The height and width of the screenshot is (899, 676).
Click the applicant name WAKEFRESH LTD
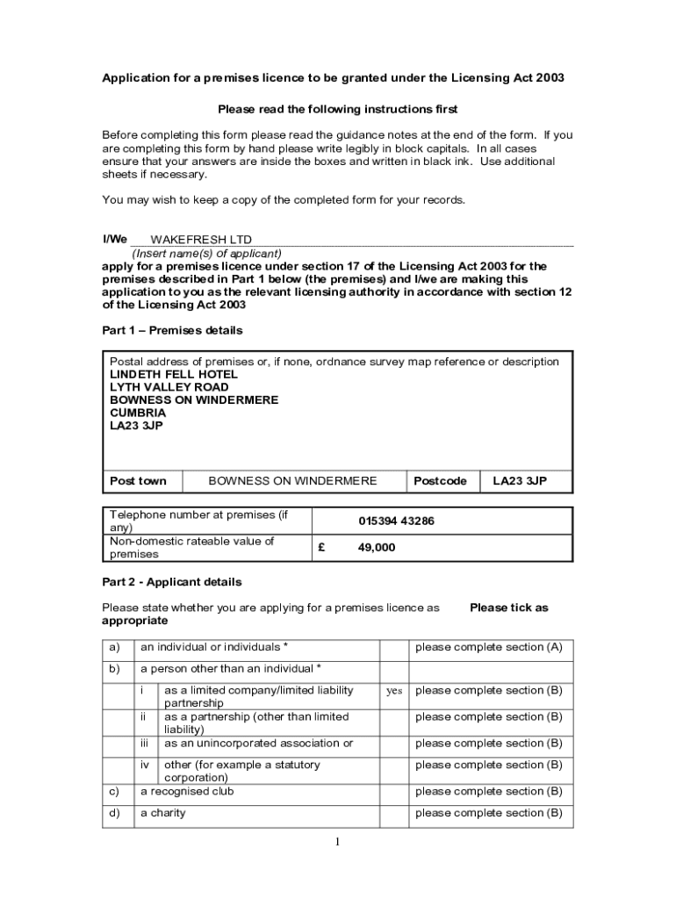point(201,240)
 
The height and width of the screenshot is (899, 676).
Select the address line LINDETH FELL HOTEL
point(173,374)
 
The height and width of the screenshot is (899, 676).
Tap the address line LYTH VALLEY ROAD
point(169,387)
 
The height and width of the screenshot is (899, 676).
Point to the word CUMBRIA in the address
point(138,413)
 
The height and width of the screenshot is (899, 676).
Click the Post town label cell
point(138,481)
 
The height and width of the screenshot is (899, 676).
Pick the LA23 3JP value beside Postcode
point(520,481)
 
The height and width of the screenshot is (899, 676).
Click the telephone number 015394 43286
point(396,521)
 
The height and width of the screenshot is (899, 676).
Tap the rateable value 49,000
point(377,548)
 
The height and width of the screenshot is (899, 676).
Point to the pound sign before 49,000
point(322,548)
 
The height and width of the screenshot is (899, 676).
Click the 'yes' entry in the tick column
point(394,691)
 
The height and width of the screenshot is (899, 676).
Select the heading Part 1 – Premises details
point(172,331)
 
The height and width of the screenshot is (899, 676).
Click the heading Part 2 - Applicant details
point(171,582)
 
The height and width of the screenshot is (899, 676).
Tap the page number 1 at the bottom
point(337,843)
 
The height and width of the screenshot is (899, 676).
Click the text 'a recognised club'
point(187,791)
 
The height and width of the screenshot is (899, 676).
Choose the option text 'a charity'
point(163,813)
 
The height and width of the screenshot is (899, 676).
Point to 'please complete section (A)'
point(488,648)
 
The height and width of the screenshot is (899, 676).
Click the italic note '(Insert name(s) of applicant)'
point(206,254)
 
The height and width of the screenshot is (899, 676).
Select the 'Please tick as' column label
point(508,608)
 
